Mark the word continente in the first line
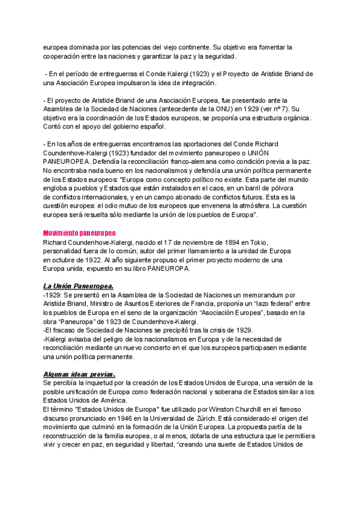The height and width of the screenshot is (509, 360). click(192, 47)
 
